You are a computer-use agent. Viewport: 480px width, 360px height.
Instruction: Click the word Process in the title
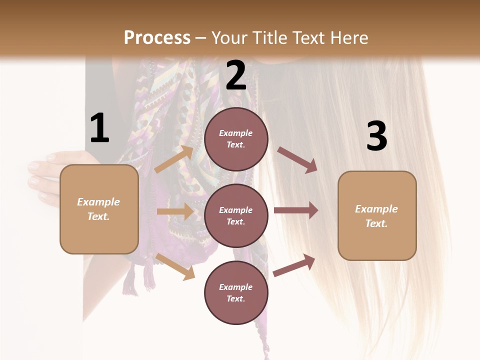[x=157, y=38]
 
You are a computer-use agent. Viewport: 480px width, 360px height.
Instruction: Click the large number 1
[x=99, y=128]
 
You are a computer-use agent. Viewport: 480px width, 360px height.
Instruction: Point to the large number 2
[x=236, y=75]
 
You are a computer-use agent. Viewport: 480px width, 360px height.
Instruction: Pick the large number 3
[x=376, y=136]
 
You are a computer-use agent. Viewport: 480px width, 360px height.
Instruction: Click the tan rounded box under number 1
[x=99, y=209]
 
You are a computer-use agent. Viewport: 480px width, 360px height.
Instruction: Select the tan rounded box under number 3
[x=377, y=215]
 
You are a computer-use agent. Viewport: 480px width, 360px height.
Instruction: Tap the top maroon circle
[x=236, y=139]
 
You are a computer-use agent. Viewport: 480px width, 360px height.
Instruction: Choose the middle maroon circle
[x=236, y=215]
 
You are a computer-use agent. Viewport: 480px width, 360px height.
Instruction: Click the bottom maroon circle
[x=236, y=292]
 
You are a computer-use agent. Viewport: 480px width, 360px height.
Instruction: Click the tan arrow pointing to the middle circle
[x=175, y=211]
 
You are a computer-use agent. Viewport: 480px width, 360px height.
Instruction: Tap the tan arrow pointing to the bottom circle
[x=175, y=266]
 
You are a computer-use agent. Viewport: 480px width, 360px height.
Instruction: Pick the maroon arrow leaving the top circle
[x=297, y=160]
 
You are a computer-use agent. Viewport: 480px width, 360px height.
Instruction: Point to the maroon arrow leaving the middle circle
[x=296, y=210]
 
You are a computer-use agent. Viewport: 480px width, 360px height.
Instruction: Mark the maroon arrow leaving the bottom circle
[x=294, y=265]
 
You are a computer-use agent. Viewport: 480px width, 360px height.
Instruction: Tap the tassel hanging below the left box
[x=131, y=280]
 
